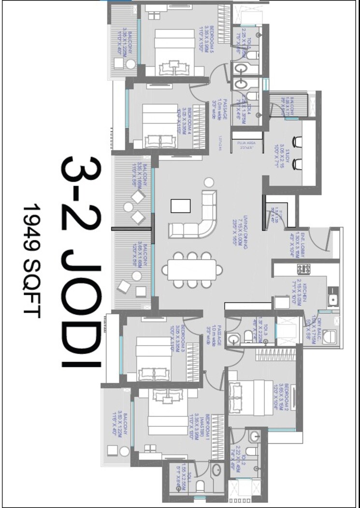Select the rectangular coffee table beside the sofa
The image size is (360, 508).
click(177, 206)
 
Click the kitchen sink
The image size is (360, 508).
click(332, 299)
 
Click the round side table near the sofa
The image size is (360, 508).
click(208, 182)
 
